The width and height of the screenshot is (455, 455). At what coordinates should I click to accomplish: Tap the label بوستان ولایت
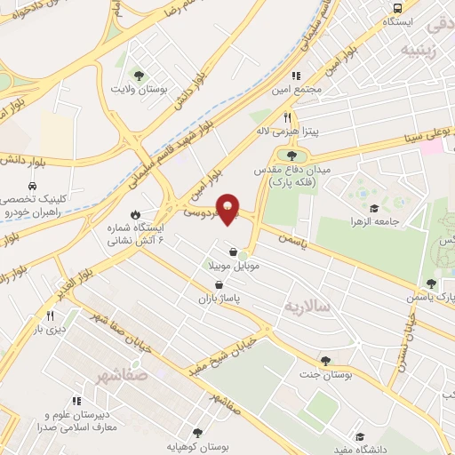[133, 89]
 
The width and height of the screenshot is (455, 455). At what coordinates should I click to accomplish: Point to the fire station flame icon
[134, 215]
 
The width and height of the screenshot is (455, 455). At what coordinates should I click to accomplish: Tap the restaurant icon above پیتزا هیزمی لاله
[287, 117]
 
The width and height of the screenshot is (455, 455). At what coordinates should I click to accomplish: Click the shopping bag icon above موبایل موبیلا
[234, 251]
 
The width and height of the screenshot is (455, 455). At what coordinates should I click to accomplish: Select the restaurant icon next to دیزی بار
[51, 315]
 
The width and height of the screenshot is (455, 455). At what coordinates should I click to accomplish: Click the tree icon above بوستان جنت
[325, 360]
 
